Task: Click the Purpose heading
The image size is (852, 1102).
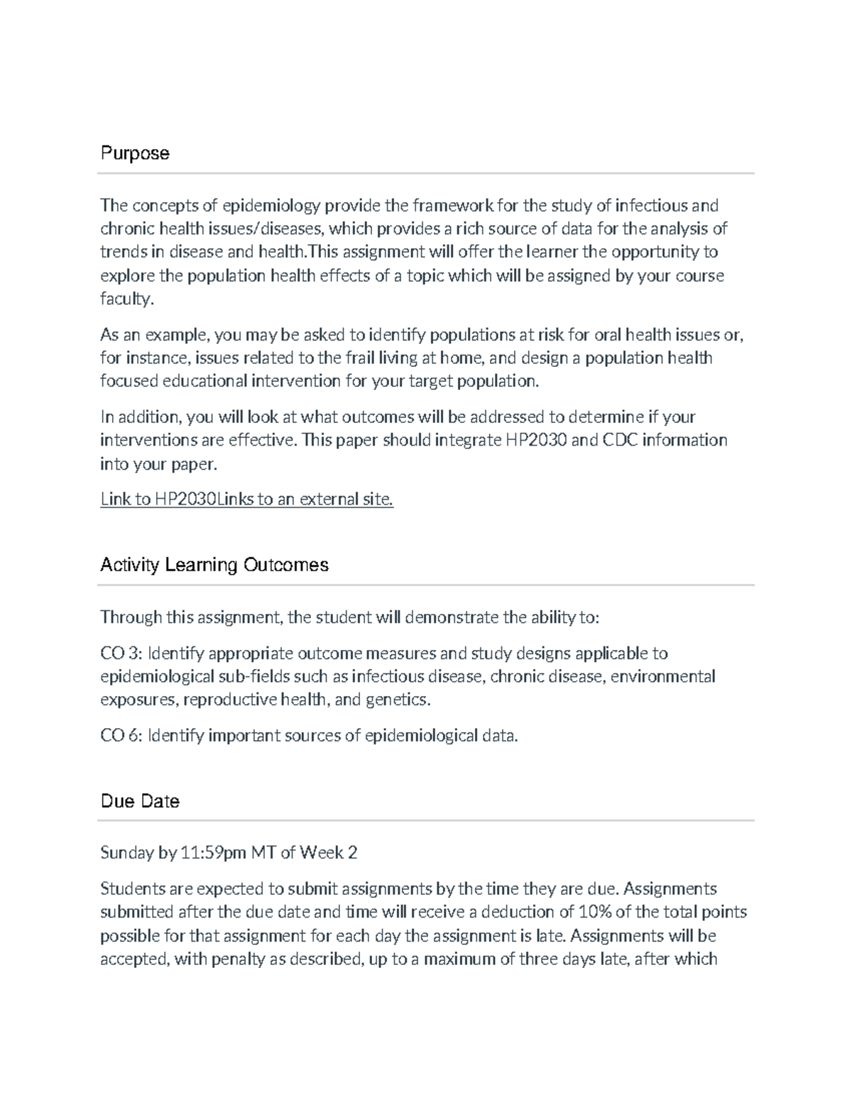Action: pos(135,153)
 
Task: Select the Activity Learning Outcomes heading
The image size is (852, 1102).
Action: pos(214,565)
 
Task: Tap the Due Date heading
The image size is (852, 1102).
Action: pos(140,801)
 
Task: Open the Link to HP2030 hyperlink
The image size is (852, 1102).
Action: pos(246,500)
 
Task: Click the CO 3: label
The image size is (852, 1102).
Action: pos(121,653)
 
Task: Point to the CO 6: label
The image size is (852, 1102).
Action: pos(121,735)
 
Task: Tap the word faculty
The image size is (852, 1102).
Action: pos(126,299)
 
